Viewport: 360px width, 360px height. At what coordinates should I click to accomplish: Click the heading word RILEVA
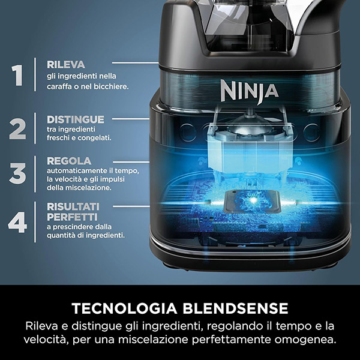pyautogui.click(x=65, y=64)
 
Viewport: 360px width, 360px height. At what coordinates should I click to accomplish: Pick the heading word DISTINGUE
pyautogui.click(x=75, y=119)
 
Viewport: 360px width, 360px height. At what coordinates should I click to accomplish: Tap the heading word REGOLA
pyautogui.click(x=68, y=161)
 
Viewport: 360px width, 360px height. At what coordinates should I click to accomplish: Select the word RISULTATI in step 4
pyautogui.click(x=73, y=206)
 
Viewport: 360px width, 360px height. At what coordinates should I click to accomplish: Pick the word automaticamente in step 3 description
pyautogui.click(x=75, y=171)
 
